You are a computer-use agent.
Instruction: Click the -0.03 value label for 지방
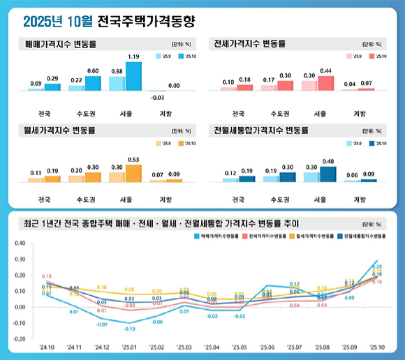[157, 97]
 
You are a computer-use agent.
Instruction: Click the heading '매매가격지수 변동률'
[61, 44]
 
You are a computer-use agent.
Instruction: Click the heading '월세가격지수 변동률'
[61, 130]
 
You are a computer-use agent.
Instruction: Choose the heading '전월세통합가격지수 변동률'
[262, 130]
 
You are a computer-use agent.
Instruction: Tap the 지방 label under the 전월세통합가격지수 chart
[360, 200]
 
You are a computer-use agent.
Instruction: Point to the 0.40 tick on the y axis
[20, 243]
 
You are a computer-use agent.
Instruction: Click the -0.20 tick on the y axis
[20, 339]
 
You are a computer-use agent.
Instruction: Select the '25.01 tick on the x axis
[129, 347]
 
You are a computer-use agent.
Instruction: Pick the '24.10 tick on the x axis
[47, 347]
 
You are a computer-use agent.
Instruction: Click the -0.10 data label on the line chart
[129, 329]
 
